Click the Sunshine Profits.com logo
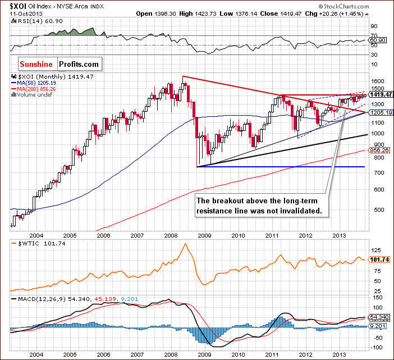click(60, 64)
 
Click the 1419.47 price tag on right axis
click(380, 94)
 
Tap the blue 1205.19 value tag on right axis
click(380, 112)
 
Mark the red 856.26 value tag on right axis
click(380, 150)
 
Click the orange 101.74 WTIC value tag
click(380, 260)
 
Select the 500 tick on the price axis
click(373, 210)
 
